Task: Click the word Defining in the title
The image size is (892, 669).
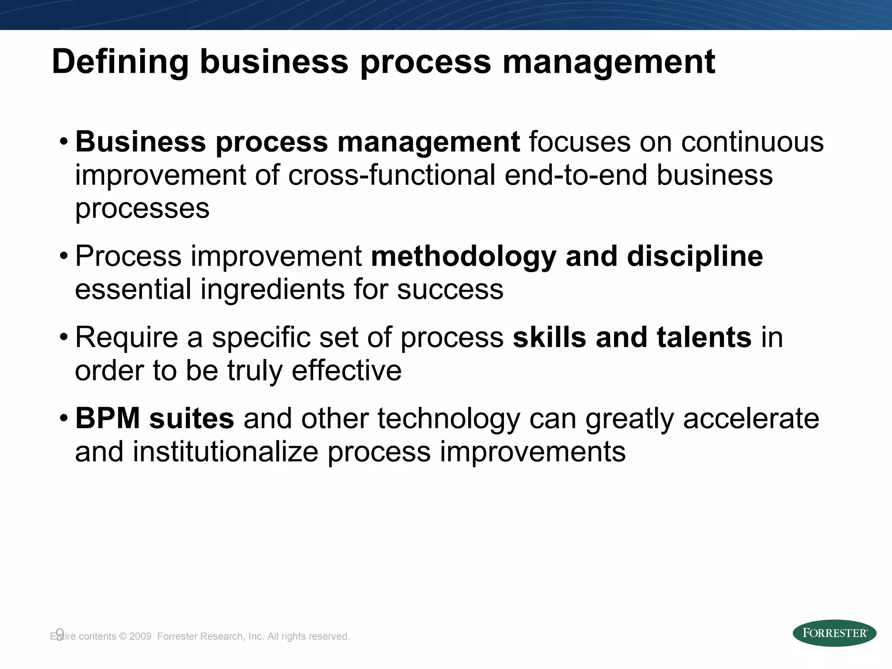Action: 120,62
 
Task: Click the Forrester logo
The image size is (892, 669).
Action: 834,633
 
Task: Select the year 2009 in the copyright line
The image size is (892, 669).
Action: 140,636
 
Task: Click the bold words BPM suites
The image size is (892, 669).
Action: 155,419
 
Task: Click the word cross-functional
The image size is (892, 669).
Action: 392,175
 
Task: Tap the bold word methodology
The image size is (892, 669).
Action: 463,257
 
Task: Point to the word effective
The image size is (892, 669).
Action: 346,371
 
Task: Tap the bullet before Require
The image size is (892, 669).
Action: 64,338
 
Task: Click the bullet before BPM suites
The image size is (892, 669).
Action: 64,419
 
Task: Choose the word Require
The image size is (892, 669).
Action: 127,338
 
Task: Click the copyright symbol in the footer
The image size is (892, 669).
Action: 122,636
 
